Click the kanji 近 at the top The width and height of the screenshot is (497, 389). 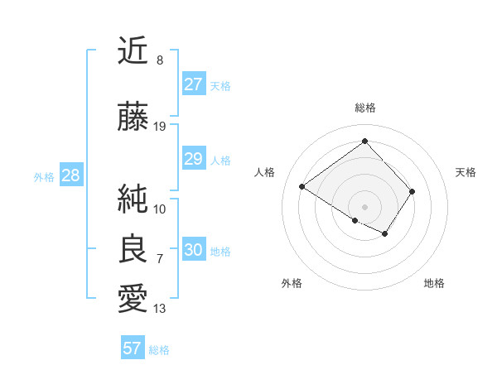tap(133, 51)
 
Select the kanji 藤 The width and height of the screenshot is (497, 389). tap(133, 118)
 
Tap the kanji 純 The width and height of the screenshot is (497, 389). tap(133, 199)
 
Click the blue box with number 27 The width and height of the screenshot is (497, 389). tap(194, 84)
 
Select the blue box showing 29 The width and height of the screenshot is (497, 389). tap(194, 159)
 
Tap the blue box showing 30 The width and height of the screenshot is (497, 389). tap(194, 250)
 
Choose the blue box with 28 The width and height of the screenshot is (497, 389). tap(70, 175)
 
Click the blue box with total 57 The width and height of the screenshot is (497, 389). tap(133, 348)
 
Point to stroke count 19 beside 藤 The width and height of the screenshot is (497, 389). tap(160, 126)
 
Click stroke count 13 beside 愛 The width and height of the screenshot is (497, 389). tap(160, 309)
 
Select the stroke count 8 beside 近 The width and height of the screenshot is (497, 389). tap(160, 60)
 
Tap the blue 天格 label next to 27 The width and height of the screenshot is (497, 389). tap(220, 86)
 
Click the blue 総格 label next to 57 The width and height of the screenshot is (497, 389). tap(159, 350)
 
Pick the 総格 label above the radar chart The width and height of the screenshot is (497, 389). tap(365, 108)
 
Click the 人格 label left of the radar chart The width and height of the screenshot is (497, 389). tap(264, 172)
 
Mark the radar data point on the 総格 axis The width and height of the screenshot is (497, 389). tap(365, 140)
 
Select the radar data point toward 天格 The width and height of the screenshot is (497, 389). tap(412, 192)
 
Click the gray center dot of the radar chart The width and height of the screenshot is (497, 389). tap(365, 206)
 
